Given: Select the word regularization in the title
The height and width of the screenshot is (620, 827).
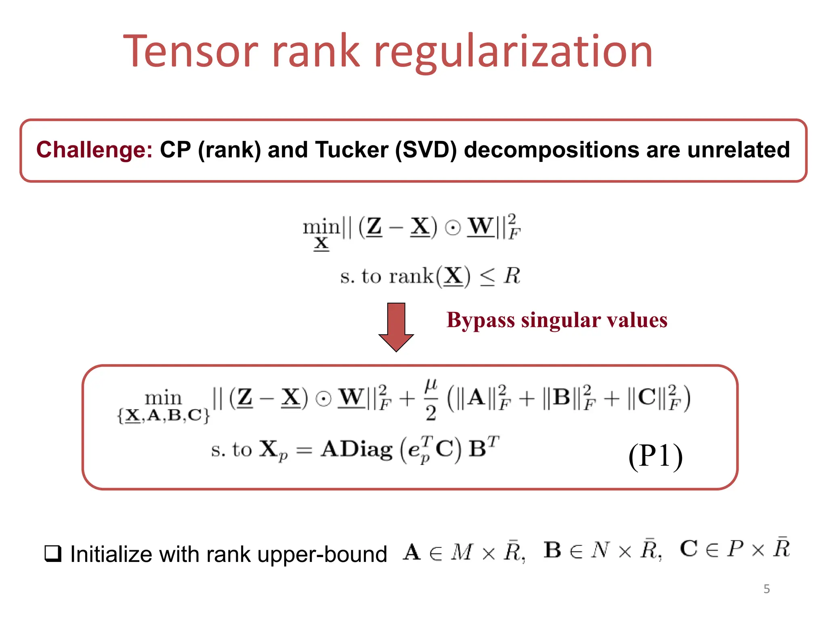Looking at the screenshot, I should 513,52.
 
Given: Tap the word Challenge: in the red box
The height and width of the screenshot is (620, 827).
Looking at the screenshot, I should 94,150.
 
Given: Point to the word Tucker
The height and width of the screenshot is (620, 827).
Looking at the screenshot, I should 352,150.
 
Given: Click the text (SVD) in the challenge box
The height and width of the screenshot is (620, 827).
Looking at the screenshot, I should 426,150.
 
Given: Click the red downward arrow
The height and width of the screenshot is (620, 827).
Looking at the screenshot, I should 396,327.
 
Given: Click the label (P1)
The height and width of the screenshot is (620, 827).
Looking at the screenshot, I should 655,456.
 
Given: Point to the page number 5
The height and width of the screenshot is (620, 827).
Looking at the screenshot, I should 766,589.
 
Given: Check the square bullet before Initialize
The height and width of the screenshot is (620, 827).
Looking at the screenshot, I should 53,553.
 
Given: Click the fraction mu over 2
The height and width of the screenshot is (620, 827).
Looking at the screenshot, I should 430,400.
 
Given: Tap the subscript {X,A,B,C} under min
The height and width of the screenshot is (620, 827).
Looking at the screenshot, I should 164,415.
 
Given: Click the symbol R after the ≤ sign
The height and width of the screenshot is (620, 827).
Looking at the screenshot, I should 512,276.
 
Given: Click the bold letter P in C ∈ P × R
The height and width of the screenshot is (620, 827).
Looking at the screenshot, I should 735,549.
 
